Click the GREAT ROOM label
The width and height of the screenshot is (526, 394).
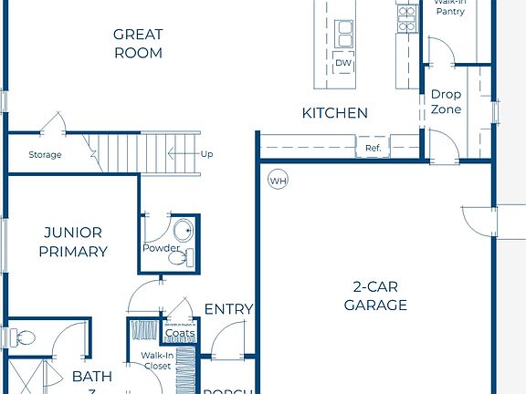coord(138,44)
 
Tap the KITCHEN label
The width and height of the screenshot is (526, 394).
coord(335,113)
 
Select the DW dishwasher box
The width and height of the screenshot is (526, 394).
coord(343,63)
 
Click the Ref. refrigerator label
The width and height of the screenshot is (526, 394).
coord(373,148)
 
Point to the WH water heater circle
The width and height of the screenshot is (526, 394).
coord(278,181)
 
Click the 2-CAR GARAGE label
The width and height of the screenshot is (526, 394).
coord(375,295)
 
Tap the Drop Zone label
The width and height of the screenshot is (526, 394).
coord(447,101)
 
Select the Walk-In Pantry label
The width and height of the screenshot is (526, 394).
coord(451,8)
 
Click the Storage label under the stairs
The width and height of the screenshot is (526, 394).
coord(45,155)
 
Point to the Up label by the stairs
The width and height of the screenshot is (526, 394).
coord(206,154)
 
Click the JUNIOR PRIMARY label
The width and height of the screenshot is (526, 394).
coord(73,242)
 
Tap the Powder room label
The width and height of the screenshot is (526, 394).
coord(161,248)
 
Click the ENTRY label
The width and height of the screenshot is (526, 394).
coord(228,309)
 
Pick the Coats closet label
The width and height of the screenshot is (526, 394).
coord(180,333)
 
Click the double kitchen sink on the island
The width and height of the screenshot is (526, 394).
coord(345,34)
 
